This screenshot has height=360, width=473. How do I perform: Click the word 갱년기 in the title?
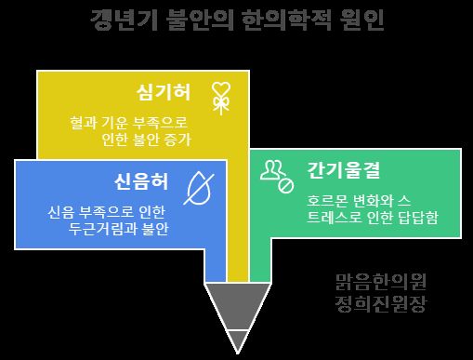click(124, 20)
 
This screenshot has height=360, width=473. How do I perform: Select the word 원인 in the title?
click(361, 20)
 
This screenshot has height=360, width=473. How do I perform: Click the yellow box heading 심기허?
click(164, 92)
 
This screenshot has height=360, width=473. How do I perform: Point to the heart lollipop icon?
click(221, 98)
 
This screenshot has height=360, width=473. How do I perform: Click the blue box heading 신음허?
click(141, 181)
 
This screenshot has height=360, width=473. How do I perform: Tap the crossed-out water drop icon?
click(199, 189)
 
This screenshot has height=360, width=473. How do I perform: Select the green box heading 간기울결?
click(343, 170)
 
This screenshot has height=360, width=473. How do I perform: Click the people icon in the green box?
click(277, 177)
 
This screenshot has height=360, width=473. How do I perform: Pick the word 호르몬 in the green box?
click(326, 201)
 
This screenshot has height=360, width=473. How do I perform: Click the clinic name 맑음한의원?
click(381, 282)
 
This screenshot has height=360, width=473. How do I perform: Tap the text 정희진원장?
click(381, 304)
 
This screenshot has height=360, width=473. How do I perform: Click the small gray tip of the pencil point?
click(238, 341)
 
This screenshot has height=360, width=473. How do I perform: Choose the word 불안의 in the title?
click(200, 20)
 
